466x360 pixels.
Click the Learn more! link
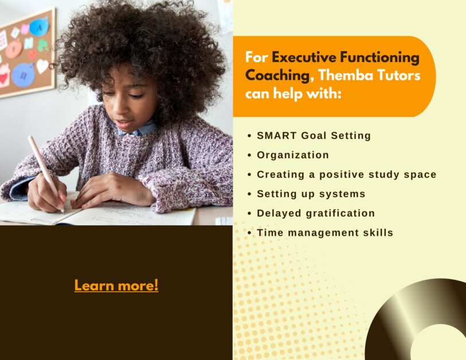coord(116,285)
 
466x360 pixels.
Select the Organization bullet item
coord(293,155)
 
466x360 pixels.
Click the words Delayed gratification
coord(316,213)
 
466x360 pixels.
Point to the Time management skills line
coord(325,233)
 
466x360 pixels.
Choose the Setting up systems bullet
coord(311,194)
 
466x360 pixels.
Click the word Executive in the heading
coord(296,57)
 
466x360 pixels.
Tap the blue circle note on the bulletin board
coord(24,75)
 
